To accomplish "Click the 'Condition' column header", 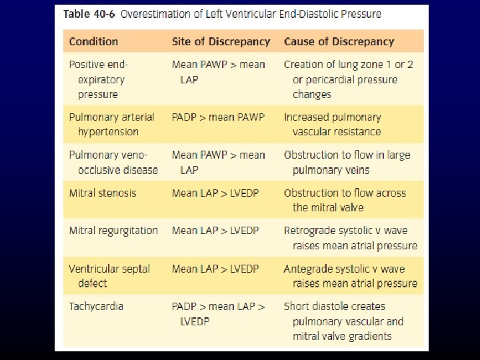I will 93,41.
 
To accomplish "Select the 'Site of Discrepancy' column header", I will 221,41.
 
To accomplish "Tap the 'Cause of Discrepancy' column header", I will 339,41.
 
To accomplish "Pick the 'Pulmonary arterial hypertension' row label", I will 111,124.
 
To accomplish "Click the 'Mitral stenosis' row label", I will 103,193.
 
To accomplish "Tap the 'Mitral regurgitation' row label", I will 113,231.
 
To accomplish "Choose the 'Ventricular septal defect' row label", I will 109,276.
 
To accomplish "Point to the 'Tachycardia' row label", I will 96,307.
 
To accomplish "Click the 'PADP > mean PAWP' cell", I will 218,117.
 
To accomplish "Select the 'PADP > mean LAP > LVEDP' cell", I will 218,313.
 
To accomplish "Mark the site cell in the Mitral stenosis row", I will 215,193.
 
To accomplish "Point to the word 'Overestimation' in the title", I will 159,15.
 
